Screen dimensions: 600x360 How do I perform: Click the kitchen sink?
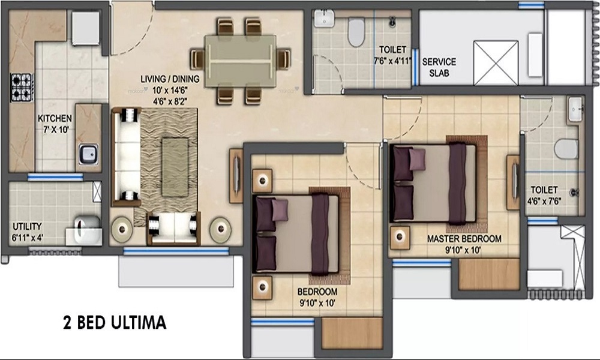pyautogui.click(x=88, y=154)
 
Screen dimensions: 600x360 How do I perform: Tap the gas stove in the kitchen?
pyautogui.click(x=22, y=88)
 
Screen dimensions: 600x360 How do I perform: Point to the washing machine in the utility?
pyautogui.click(x=87, y=230)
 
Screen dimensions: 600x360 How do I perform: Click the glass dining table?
pyautogui.click(x=240, y=61)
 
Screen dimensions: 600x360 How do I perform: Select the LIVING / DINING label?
pyautogui.click(x=170, y=79)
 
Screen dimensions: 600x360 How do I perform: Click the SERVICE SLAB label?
pyautogui.click(x=439, y=67)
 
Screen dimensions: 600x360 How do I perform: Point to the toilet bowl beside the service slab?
pyautogui.click(x=356, y=32)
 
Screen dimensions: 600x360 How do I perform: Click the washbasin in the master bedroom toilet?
pyautogui.click(x=575, y=109)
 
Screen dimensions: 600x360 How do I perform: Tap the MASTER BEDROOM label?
pyautogui.click(x=464, y=239)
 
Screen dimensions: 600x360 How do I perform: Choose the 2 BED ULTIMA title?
pyautogui.click(x=115, y=323)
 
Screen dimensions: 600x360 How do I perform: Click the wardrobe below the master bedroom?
pyautogui.click(x=488, y=275)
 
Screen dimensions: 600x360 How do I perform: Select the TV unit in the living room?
pyautogui.click(x=236, y=176)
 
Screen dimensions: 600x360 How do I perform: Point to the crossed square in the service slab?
pyautogui.click(x=496, y=63)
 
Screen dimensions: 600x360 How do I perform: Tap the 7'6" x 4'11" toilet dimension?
pyautogui.click(x=392, y=61)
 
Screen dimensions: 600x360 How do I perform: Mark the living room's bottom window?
pyautogui.click(x=176, y=251)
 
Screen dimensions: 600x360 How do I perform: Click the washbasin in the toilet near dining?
pyautogui.click(x=325, y=19)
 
